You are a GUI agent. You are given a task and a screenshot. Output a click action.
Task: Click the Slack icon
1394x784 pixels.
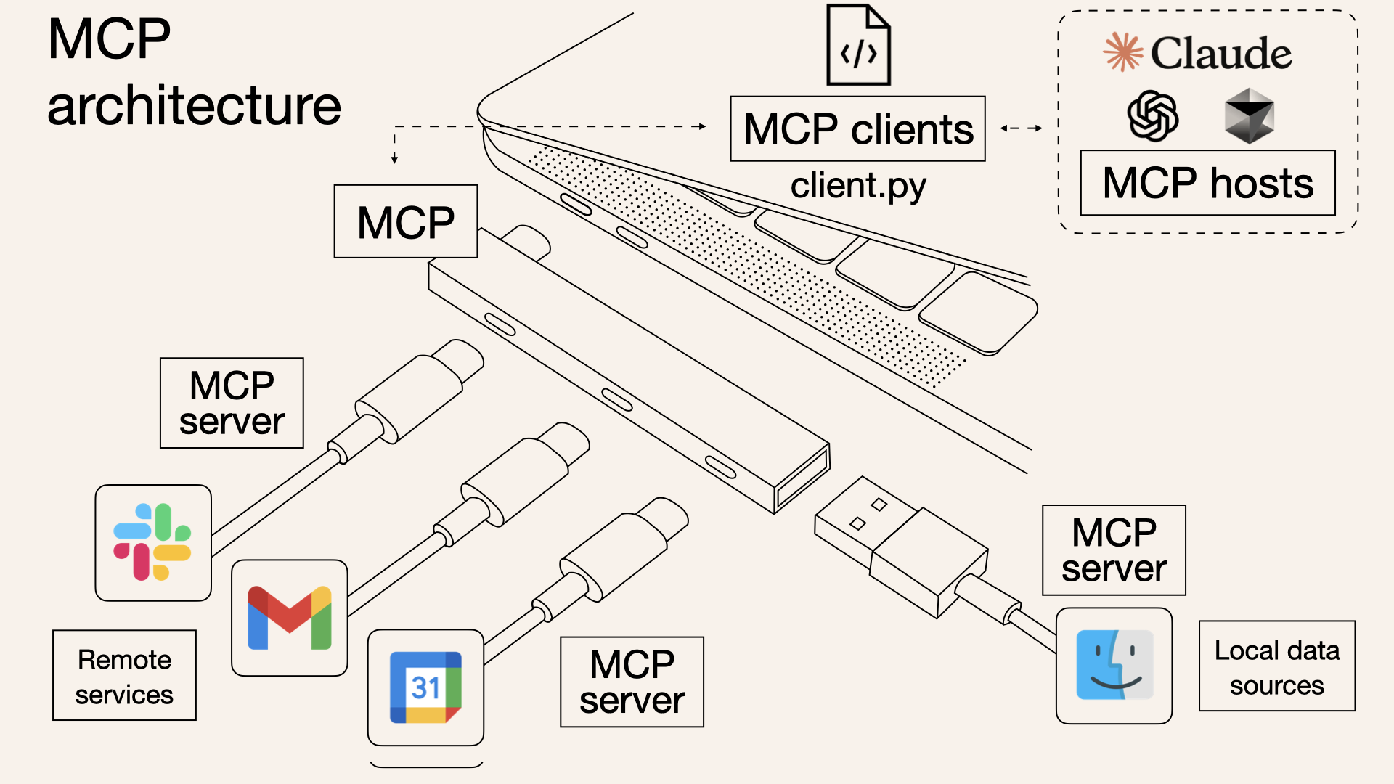pos(152,542)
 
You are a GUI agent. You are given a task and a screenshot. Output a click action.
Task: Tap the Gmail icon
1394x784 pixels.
pos(289,618)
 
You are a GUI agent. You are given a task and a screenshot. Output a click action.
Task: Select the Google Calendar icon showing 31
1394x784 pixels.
pos(425,687)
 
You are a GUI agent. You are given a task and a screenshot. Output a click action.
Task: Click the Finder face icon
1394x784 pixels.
pos(1114,665)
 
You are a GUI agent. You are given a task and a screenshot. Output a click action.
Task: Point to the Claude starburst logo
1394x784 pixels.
pos(1122,52)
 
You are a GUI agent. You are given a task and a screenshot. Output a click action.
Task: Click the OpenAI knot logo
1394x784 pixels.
pos(1152,116)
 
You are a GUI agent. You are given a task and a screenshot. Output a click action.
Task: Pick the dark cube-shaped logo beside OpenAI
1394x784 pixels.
pos(1249,116)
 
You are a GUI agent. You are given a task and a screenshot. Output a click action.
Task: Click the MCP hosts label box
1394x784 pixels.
pos(1207,183)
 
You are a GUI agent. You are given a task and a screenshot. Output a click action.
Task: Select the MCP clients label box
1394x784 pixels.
pos(857,129)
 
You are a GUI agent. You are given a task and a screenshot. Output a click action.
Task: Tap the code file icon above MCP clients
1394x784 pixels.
pos(858,46)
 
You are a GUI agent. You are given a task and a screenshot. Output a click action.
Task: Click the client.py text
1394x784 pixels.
pos(858,186)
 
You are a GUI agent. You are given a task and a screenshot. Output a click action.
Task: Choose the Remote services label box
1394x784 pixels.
pos(124,676)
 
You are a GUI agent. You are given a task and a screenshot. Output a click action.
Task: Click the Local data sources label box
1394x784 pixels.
pos(1276,666)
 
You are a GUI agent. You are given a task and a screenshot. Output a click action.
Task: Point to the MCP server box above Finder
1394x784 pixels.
pos(1114,550)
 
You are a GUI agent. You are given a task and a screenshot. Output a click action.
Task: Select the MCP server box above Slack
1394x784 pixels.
pos(232,403)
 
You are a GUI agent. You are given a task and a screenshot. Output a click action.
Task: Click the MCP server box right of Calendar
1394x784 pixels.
pos(632,682)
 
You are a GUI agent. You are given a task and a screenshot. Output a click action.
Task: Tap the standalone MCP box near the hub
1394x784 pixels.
pos(405,221)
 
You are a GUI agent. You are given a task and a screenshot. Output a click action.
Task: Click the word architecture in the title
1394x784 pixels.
pos(194,106)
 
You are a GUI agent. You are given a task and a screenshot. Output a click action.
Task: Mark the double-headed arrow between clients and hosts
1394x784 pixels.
pos(1021,128)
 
